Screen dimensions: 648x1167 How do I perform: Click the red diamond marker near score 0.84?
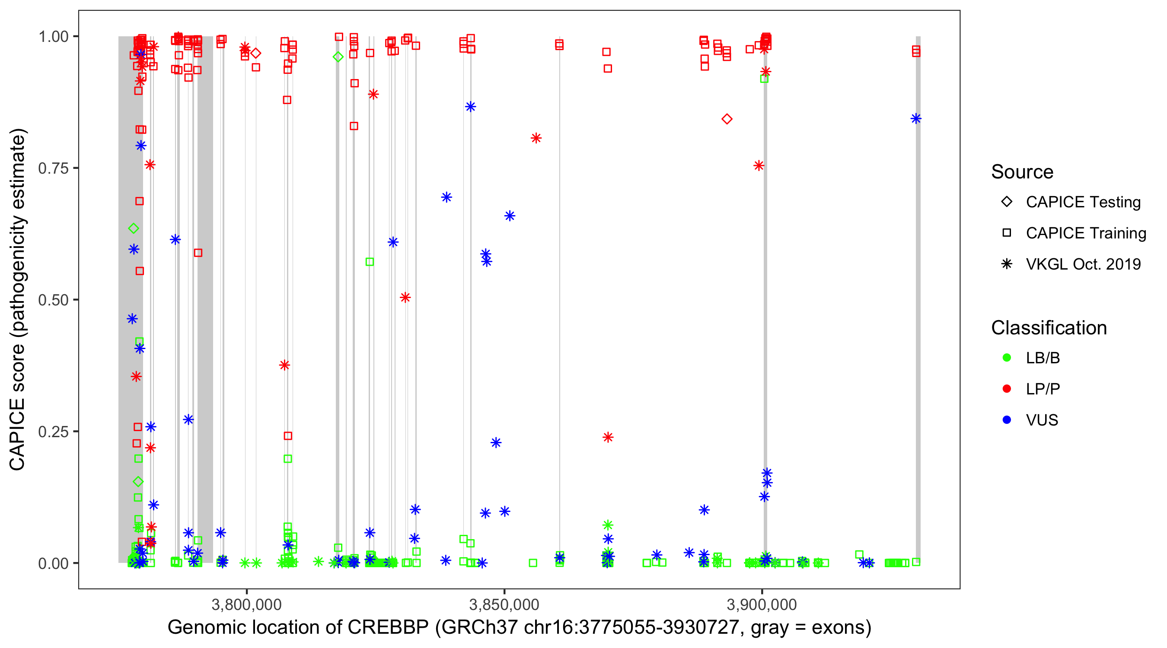coord(727,119)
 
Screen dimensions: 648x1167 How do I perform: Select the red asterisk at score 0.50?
coord(405,298)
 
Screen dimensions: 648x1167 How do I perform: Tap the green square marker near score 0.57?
coord(370,262)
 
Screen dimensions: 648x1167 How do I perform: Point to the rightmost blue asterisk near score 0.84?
coord(916,119)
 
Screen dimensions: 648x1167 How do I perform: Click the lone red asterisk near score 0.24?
coord(608,437)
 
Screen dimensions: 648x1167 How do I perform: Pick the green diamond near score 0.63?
coord(133,228)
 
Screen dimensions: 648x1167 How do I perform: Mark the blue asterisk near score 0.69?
coord(446,197)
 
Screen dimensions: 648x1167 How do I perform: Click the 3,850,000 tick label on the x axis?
coord(504,604)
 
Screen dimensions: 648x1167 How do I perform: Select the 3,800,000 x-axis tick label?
coord(246,604)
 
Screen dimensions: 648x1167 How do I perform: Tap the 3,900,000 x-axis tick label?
coord(762,604)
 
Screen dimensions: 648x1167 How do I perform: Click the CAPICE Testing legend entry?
coord(1083,202)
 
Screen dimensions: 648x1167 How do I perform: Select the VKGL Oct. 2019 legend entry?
coord(1083,264)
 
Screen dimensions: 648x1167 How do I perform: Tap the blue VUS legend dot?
coord(1007,420)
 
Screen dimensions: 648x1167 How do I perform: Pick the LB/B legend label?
coord(1043,358)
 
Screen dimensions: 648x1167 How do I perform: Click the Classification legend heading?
coord(1049,327)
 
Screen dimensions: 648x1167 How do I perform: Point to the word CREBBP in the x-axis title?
coord(388,628)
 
